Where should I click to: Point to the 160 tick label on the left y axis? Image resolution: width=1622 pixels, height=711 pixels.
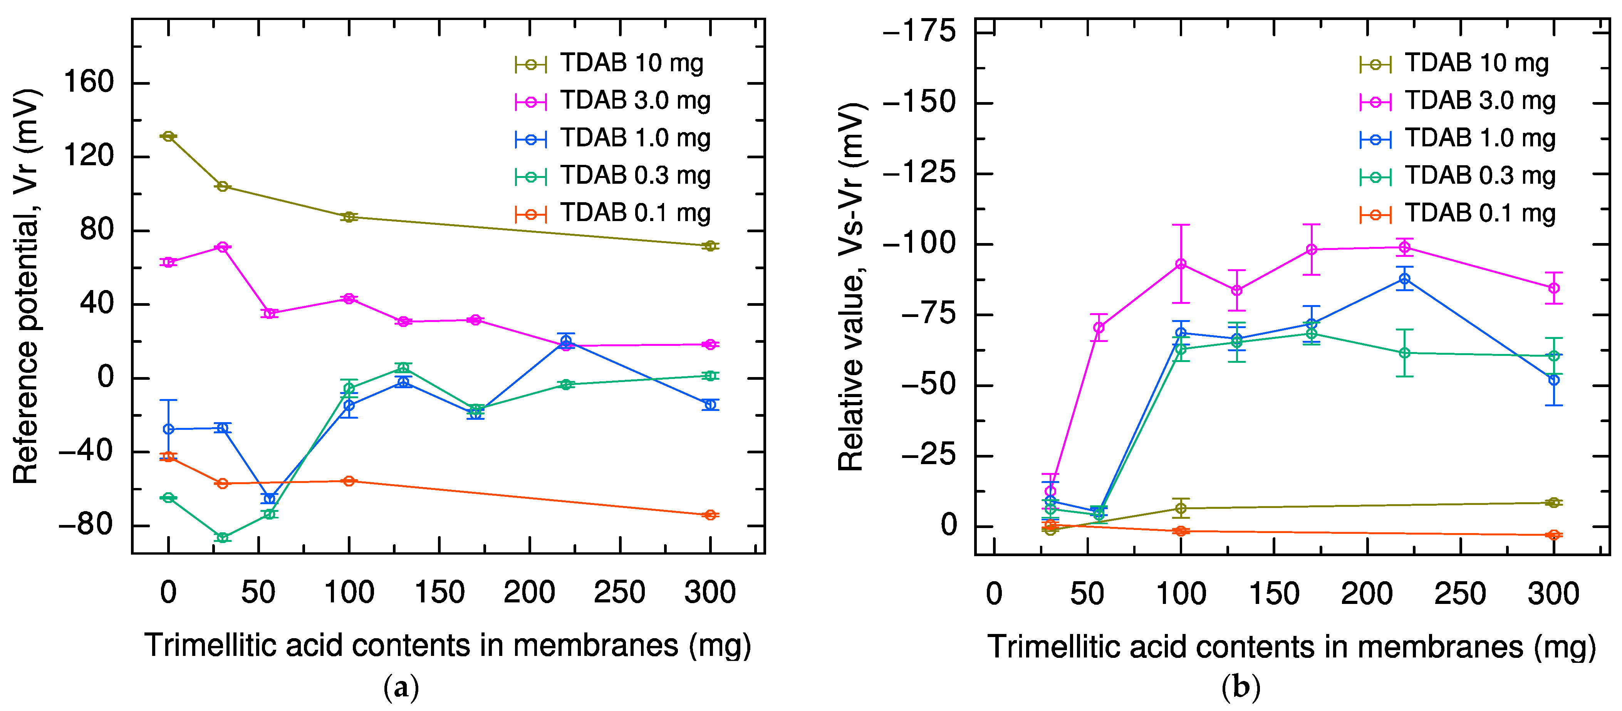88,82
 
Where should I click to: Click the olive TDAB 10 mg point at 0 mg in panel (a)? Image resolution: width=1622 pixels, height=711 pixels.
168,136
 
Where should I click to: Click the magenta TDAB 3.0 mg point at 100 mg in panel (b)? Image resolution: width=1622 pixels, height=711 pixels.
1181,264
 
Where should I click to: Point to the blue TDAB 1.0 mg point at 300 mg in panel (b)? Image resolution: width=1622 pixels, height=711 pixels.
1554,380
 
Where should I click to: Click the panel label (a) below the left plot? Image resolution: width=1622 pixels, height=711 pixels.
401,688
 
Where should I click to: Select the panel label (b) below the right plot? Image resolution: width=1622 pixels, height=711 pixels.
1240,688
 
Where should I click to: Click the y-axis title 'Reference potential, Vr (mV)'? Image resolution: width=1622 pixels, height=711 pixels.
27,287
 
